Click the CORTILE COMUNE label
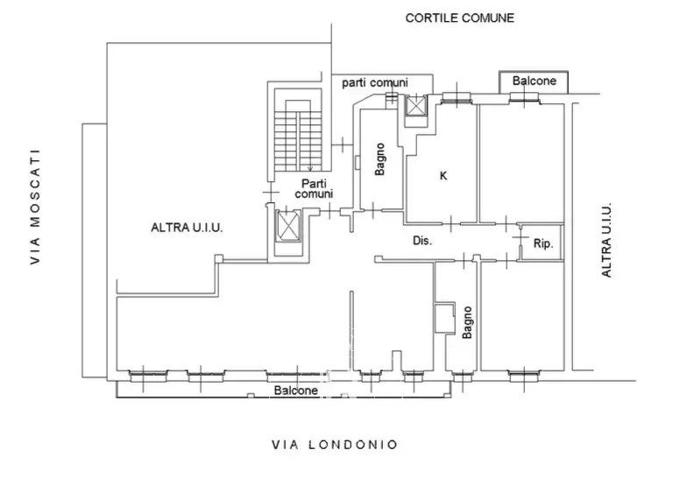tap(460, 18)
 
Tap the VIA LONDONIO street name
tap(335, 445)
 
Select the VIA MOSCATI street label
tap(35, 207)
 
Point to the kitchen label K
tap(443, 175)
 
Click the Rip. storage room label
tap(543, 243)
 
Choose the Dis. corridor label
tap(422, 241)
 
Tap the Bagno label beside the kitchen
tap(379, 159)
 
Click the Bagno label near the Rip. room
tap(467, 322)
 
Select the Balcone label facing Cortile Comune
tap(535, 81)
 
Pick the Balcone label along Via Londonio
tap(296, 390)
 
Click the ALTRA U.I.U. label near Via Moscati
tap(188, 228)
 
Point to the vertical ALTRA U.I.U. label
tap(606, 240)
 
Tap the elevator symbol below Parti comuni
tap(287, 226)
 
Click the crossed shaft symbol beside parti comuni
tap(416, 106)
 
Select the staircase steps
tap(298, 139)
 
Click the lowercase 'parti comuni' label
tap(375, 83)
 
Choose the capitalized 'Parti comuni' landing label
tap(314, 189)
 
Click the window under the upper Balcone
tap(525, 100)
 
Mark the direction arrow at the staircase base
tap(310, 166)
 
